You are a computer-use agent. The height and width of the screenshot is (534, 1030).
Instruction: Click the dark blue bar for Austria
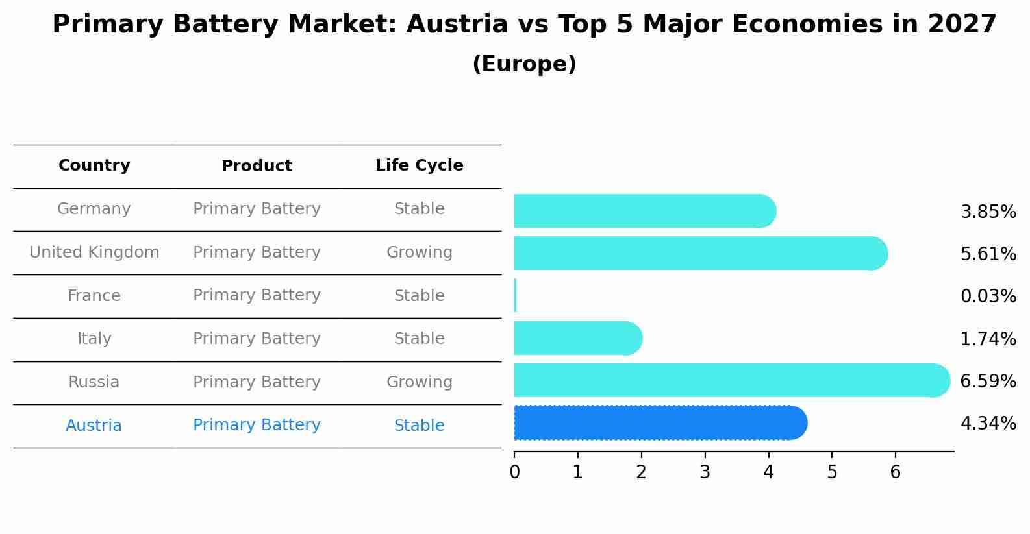(660, 423)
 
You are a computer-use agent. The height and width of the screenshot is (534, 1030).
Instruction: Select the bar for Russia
(731, 380)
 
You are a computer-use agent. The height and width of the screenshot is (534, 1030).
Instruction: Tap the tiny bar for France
(515, 296)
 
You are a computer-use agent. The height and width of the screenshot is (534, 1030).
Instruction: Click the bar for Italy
(577, 338)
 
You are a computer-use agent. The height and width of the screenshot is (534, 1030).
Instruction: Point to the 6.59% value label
(988, 381)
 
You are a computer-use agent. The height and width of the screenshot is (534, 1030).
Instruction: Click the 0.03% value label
(988, 297)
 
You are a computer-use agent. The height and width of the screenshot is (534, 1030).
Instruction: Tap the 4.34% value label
(988, 424)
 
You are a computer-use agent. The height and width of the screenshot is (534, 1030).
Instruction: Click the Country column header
(94, 165)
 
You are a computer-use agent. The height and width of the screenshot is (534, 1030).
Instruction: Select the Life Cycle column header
(419, 165)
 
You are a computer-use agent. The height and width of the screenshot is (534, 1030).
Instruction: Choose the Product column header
(257, 166)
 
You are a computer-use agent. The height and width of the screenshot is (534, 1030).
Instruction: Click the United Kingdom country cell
(94, 252)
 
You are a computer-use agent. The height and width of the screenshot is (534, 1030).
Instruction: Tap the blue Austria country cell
(94, 426)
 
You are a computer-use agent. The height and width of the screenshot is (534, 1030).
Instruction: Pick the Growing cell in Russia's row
(419, 382)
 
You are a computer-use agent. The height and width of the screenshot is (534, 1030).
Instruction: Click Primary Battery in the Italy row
(257, 339)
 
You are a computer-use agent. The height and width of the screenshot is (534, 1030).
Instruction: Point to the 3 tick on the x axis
(705, 472)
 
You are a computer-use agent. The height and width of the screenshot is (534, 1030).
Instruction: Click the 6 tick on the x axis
(895, 472)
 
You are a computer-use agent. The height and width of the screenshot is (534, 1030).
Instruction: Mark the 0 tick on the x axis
(514, 472)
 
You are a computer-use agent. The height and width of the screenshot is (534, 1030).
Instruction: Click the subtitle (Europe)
(524, 64)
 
